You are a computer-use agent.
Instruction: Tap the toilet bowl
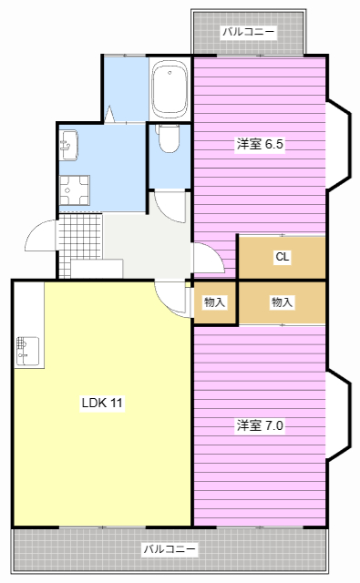tap(169, 138)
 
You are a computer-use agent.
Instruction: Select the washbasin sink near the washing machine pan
tap(68, 145)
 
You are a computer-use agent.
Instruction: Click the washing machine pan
tap(75, 190)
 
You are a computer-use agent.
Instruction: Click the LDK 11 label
tap(102, 403)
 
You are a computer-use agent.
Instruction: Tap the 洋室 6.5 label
tap(260, 144)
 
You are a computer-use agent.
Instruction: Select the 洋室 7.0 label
tap(260, 425)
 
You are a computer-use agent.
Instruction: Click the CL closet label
tap(283, 257)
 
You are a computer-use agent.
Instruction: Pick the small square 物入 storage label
tap(214, 302)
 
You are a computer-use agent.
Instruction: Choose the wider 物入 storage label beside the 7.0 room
tap(282, 302)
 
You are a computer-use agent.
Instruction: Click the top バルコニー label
tap(249, 32)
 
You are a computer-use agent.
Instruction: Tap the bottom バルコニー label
tap(170, 549)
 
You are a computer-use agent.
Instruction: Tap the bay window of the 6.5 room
tap(339, 146)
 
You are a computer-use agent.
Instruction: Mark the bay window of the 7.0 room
tap(339, 415)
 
